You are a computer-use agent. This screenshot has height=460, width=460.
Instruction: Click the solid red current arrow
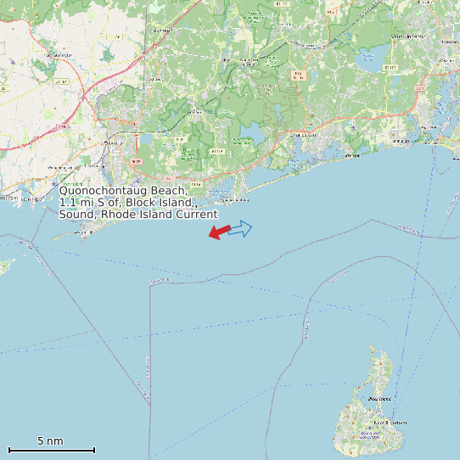point(219,231)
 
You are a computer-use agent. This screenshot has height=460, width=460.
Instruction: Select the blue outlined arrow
point(241,228)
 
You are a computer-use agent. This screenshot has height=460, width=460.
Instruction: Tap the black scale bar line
point(51,450)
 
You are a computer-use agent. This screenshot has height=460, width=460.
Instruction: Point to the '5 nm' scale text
point(50,440)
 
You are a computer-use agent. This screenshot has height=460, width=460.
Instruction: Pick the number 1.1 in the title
point(69,203)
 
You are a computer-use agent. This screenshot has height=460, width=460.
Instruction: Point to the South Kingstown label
point(412,36)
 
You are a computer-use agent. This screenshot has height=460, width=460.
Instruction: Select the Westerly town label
point(111,143)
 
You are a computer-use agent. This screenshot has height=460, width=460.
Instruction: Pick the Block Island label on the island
point(379,398)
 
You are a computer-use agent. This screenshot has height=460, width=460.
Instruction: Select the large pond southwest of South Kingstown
point(368,61)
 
